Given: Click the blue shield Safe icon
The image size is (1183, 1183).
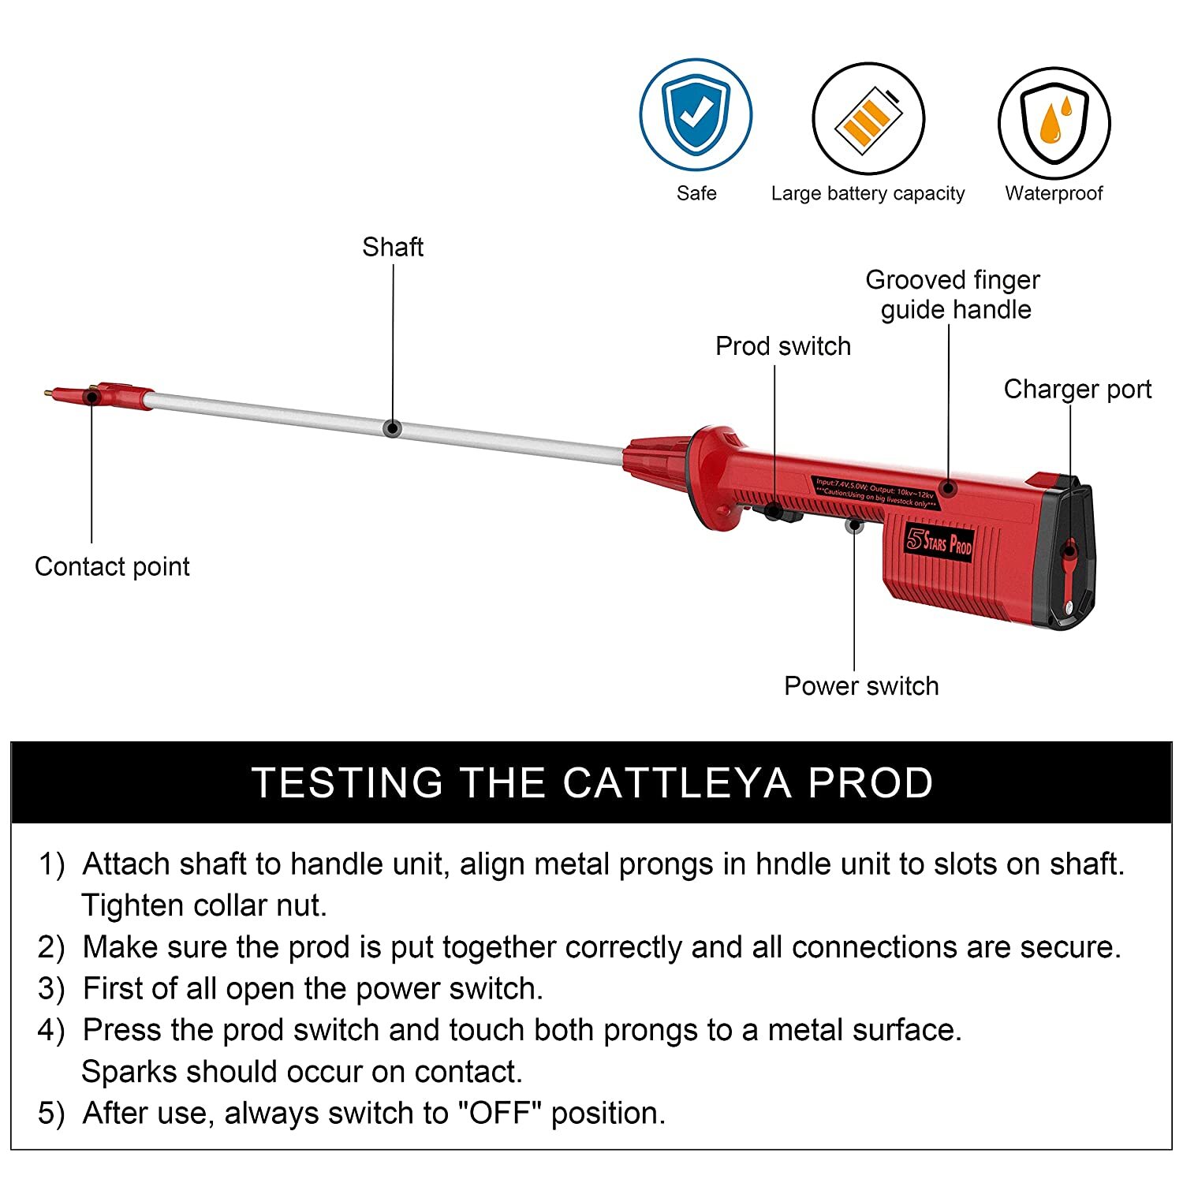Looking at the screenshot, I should (696, 115).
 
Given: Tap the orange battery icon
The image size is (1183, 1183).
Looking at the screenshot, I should (868, 119).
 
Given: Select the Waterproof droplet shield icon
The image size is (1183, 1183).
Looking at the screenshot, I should (1054, 123).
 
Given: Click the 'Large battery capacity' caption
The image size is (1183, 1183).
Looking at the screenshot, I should (868, 193).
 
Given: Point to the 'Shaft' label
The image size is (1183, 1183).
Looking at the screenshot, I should (392, 247).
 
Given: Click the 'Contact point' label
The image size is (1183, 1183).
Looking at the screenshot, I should (112, 566).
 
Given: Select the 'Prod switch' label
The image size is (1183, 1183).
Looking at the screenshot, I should (782, 346).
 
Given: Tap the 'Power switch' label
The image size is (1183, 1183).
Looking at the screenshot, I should (861, 685).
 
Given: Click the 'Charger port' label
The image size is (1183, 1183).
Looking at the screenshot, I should (1077, 389).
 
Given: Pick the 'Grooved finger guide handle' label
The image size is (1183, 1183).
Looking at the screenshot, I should (953, 294).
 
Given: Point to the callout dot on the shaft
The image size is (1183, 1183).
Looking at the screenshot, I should (392, 428).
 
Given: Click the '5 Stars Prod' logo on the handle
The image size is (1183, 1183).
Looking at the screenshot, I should (939, 542).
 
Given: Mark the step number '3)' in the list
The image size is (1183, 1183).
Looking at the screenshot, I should (51, 989).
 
